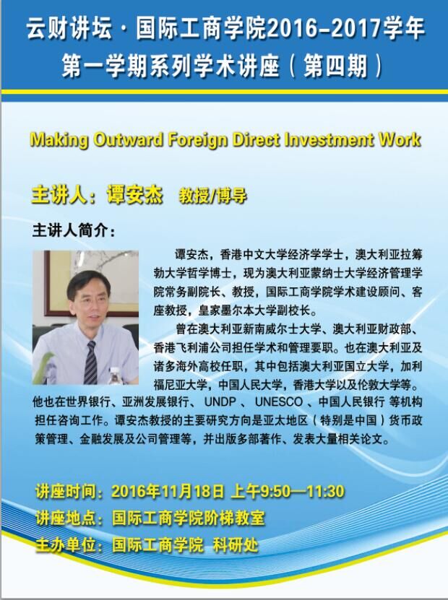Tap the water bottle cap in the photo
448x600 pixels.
(x=114, y=370)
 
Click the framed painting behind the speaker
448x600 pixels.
(x=91, y=283)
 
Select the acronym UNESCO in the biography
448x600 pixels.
(x=279, y=401)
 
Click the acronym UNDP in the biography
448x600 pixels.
(x=220, y=401)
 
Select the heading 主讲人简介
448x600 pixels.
(x=74, y=231)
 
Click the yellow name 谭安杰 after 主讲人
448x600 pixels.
(x=135, y=194)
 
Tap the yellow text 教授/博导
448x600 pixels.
(x=213, y=196)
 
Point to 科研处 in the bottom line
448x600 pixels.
(x=236, y=545)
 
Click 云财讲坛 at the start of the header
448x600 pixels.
(x=69, y=29)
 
